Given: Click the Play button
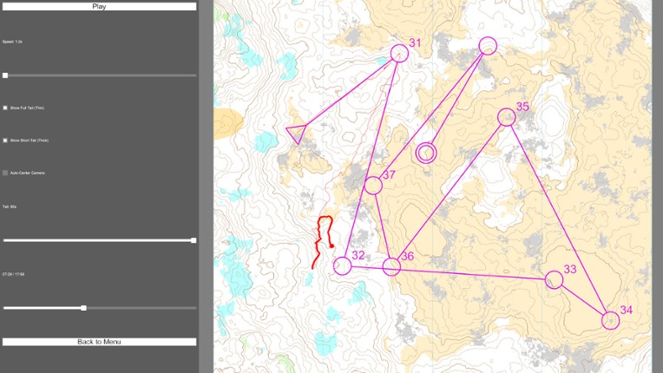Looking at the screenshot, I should tap(99, 6).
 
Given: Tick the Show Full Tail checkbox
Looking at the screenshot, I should tap(5, 108).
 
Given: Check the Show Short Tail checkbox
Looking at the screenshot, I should tap(5, 140).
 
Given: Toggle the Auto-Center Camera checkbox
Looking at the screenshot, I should tap(5, 173).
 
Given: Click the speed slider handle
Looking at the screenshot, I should tap(5, 75).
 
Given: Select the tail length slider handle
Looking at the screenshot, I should tap(194, 240).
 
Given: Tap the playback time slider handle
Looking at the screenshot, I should tap(83, 308).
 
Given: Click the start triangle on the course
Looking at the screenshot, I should tap(296, 134).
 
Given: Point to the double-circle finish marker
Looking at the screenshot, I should tap(425, 154).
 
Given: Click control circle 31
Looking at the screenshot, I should tap(399, 53).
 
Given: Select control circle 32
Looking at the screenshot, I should tap(343, 265).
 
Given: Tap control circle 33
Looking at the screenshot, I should tap(554, 279).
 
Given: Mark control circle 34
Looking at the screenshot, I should tap(611, 320).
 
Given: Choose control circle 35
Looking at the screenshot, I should tap(506, 117).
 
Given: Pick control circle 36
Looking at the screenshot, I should tap(391, 266).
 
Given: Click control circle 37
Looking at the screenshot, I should tap(373, 185).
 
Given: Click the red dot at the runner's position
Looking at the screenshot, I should tap(331, 246).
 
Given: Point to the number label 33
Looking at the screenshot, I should tap(570, 269).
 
